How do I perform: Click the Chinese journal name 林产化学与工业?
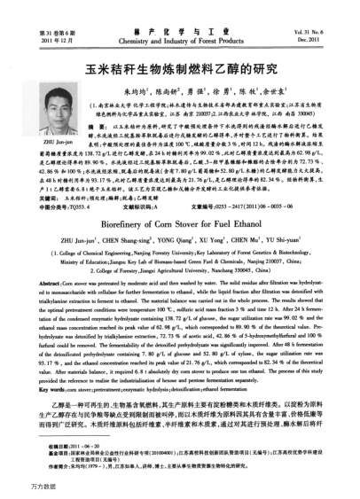click(x=180, y=27)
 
